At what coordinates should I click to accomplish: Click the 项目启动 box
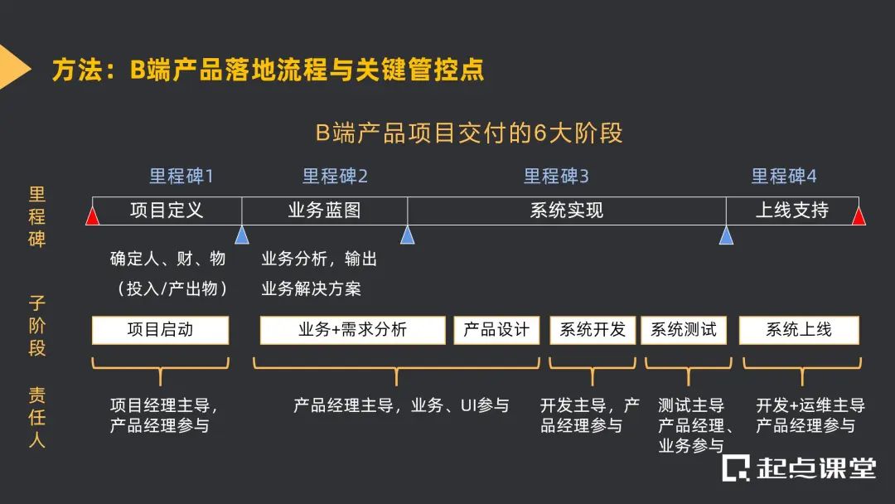pyautogui.click(x=160, y=330)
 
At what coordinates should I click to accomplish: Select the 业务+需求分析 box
pyautogui.click(x=353, y=330)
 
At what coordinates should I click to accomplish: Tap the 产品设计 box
pyautogui.click(x=496, y=330)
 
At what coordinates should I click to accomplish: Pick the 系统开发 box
pyautogui.click(x=593, y=330)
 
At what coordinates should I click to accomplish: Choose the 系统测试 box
pyautogui.click(x=684, y=330)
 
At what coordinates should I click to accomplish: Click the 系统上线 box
pyautogui.click(x=799, y=330)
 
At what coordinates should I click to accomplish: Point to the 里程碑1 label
pyautogui.click(x=181, y=176)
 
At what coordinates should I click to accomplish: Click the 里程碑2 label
pyautogui.click(x=335, y=176)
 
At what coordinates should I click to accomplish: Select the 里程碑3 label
pyautogui.click(x=556, y=176)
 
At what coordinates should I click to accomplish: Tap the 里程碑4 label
pyautogui.click(x=784, y=176)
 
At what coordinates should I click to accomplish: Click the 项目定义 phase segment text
pyautogui.click(x=167, y=210)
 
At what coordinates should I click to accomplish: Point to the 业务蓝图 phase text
pyautogui.click(x=324, y=210)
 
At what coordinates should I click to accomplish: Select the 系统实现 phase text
pyautogui.click(x=567, y=210)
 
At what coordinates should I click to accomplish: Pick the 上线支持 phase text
pyautogui.click(x=792, y=210)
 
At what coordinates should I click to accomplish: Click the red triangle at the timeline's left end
pyautogui.click(x=92, y=217)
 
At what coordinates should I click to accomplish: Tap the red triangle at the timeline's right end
pyautogui.click(x=859, y=217)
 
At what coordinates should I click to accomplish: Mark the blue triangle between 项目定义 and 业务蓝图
pyautogui.click(x=242, y=236)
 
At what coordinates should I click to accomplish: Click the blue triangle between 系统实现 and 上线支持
pyautogui.click(x=726, y=236)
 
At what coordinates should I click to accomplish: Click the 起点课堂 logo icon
pyautogui.click(x=735, y=468)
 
